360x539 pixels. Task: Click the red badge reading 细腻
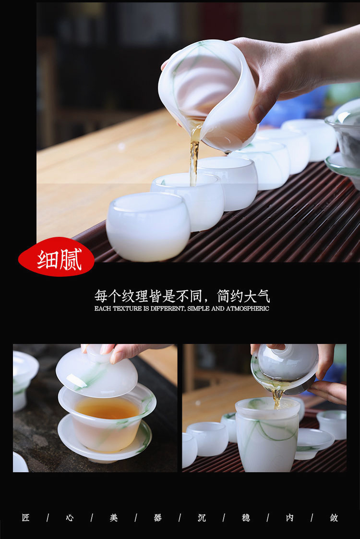[56, 257]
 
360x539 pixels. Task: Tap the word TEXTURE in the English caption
[127, 308]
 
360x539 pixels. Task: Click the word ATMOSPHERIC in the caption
[247, 308]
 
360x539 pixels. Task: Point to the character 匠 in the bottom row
[26, 518]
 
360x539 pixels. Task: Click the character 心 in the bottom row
[70, 518]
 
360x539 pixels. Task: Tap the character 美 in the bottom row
[114, 518]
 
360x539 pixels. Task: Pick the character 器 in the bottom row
[157, 518]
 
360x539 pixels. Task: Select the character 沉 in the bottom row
[202, 518]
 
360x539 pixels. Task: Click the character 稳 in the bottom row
[246, 518]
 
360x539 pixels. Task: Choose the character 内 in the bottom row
[289, 518]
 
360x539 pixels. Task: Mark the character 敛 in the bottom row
[334, 518]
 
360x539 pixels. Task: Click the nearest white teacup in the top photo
[148, 227]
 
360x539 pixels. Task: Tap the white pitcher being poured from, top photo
[208, 95]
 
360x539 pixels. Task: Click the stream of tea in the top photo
[195, 155]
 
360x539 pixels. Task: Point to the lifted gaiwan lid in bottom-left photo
[97, 371]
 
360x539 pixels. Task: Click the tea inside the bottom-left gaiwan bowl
[107, 408]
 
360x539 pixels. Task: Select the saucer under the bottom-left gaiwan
[105, 441]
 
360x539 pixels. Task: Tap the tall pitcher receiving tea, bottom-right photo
[267, 435]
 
